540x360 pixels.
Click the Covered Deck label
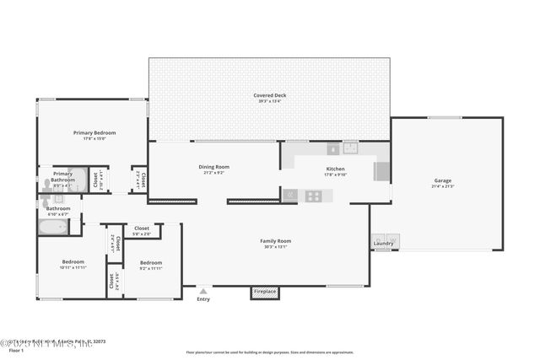pos(269,95)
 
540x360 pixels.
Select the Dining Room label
pos(213,167)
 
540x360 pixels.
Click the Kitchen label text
pos(336,169)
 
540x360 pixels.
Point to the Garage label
pos(443,180)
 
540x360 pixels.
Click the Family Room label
pos(275,240)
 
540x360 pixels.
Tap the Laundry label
pos(383,244)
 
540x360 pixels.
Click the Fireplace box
pos(264,293)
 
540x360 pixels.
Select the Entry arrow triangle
pos(203,291)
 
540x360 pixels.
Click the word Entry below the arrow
pos(203,299)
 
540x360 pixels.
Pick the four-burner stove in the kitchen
pos(313,196)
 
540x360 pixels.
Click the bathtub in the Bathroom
pos(55,227)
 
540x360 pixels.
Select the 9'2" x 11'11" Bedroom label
pos(151,262)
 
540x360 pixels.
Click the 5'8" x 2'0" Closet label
pos(142,228)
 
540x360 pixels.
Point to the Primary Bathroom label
pos(62,177)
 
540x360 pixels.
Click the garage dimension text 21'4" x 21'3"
pos(443,186)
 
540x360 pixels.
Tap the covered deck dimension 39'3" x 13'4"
pos(269,102)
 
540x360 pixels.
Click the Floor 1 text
pos(16,350)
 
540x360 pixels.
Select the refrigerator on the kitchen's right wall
pos(381,171)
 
